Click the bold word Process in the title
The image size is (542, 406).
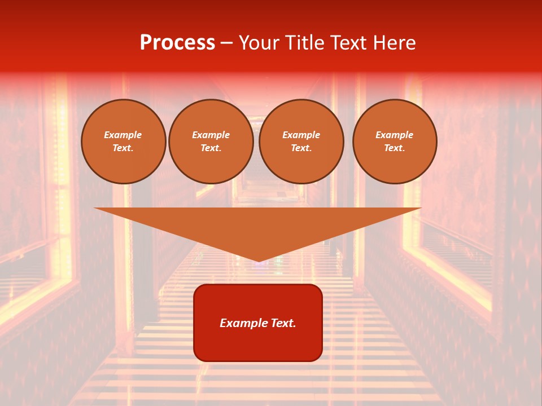[177, 43]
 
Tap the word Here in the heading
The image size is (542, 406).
[395, 43]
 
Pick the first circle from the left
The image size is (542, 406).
[124, 142]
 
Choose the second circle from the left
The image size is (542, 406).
[211, 142]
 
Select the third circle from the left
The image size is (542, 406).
[301, 142]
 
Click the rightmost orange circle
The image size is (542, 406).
[395, 142]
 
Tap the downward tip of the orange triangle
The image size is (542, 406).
[259, 261]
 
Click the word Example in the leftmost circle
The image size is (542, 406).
[123, 135]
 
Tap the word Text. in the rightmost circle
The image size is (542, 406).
[395, 148]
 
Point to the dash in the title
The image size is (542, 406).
[227, 43]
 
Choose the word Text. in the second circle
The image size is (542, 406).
[211, 148]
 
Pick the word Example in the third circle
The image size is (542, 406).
[301, 135]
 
